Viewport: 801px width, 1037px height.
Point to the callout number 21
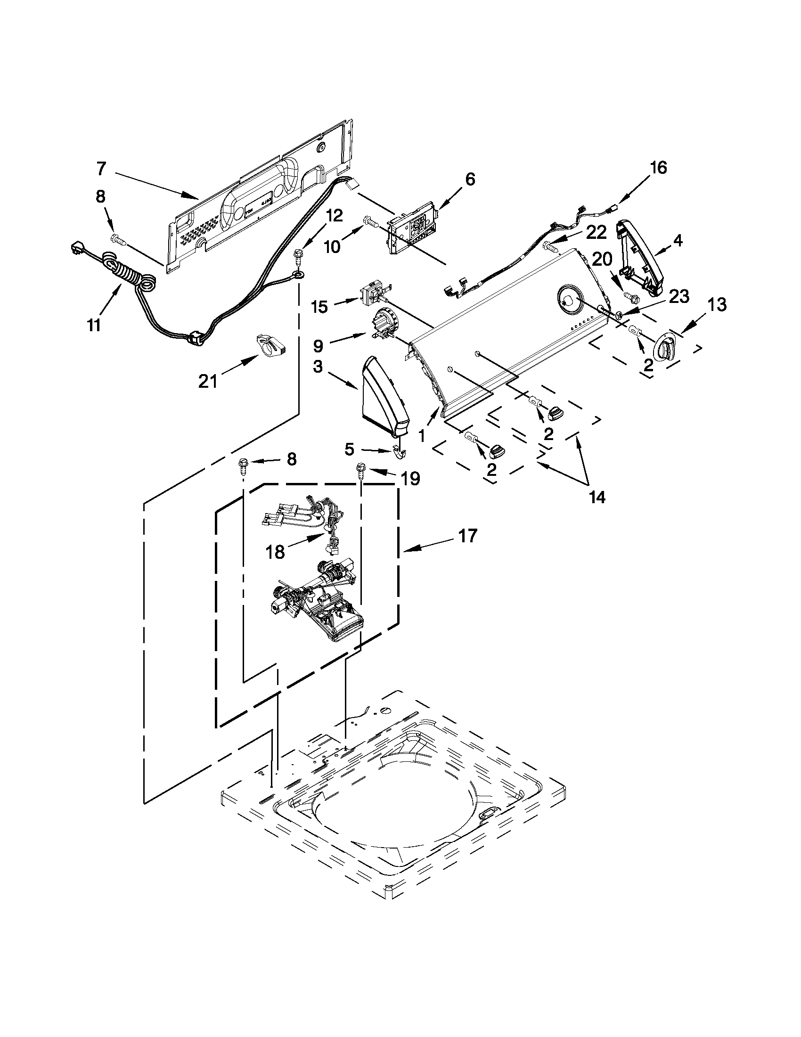(207, 380)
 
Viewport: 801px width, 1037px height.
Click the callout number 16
(658, 168)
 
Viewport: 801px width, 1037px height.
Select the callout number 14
(597, 497)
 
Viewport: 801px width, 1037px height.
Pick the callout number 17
(467, 536)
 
